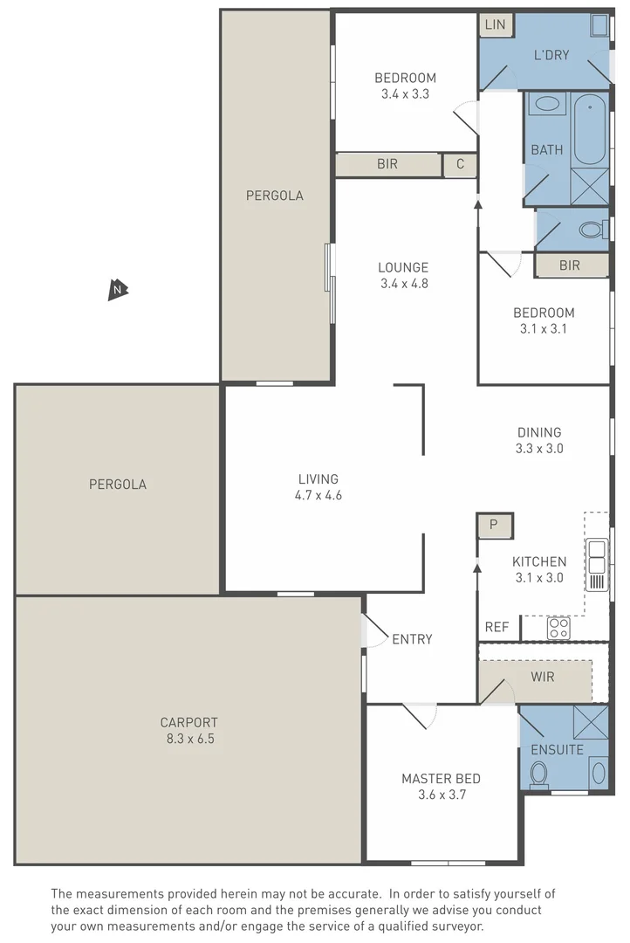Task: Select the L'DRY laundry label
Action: (551, 55)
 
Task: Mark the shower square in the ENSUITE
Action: (591, 722)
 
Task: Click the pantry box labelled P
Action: (494, 525)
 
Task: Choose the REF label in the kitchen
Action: (496, 627)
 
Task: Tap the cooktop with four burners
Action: (558, 627)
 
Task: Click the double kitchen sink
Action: (597, 550)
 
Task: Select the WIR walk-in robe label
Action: (543, 677)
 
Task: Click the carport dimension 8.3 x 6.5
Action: (188, 739)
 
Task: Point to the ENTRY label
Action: (412, 639)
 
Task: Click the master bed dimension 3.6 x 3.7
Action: (441, 795)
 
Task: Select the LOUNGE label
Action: (403, 267)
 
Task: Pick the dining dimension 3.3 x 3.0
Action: (539, 448)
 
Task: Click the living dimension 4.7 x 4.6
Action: (318, 495)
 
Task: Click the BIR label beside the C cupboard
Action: (388, 164)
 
